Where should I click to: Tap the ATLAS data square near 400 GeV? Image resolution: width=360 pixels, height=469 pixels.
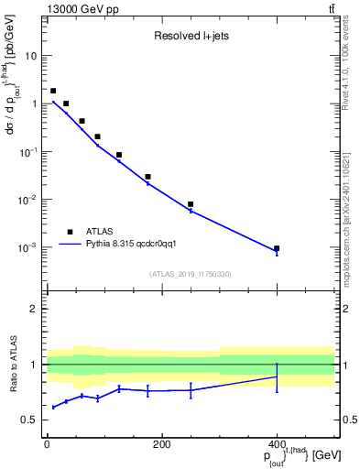(277, 248)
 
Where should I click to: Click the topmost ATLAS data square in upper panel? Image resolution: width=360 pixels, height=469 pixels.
(53, 91)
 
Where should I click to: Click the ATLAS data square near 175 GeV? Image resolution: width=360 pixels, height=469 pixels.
(147, 177)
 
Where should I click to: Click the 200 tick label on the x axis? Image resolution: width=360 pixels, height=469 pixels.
(161, 445)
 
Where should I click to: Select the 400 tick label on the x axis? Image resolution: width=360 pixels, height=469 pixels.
(277, 445)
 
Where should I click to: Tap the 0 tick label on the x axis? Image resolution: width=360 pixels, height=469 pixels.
(47, 445)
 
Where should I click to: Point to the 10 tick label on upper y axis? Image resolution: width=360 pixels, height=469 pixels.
(31, 56)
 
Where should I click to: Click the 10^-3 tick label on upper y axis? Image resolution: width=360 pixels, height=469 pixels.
(27, 248)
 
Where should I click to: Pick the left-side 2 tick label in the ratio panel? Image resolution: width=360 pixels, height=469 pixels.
(35, 309)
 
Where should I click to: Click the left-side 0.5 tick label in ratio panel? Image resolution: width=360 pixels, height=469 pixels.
(31, 420)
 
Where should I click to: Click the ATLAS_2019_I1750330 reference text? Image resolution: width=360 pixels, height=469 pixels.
(190, 274)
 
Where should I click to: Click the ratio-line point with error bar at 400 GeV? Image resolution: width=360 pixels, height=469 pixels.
(277, 376)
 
